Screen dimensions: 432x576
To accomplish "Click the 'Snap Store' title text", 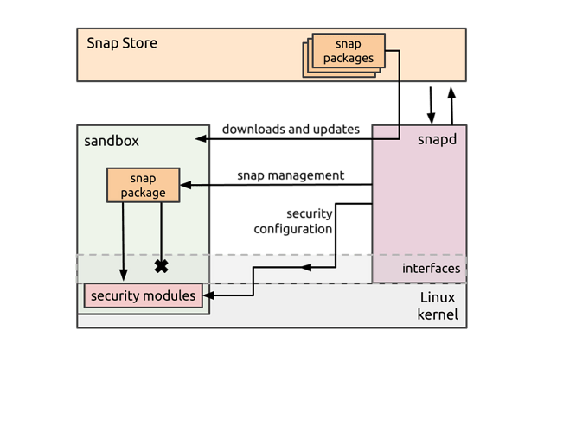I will (122, 42).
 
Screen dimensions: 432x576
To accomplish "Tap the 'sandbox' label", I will (112, 141).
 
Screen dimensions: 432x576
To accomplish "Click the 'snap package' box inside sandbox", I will (143, 185).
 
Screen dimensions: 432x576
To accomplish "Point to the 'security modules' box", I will (143, 296).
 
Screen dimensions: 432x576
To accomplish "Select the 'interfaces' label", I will (431, 269).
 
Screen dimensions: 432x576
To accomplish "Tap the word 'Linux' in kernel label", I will (438, 298).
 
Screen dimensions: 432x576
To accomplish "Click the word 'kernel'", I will (438, 314).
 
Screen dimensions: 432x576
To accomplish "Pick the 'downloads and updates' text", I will (291, 130).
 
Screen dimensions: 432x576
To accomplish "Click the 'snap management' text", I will (291, 175).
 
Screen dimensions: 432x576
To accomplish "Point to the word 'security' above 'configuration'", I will (309, 213).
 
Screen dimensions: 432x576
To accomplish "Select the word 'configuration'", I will (293, 229).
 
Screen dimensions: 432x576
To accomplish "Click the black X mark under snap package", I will (161, 266).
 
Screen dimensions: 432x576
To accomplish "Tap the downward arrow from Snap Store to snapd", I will (431, 118).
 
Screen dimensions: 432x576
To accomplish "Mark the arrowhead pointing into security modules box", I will (208, 296).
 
